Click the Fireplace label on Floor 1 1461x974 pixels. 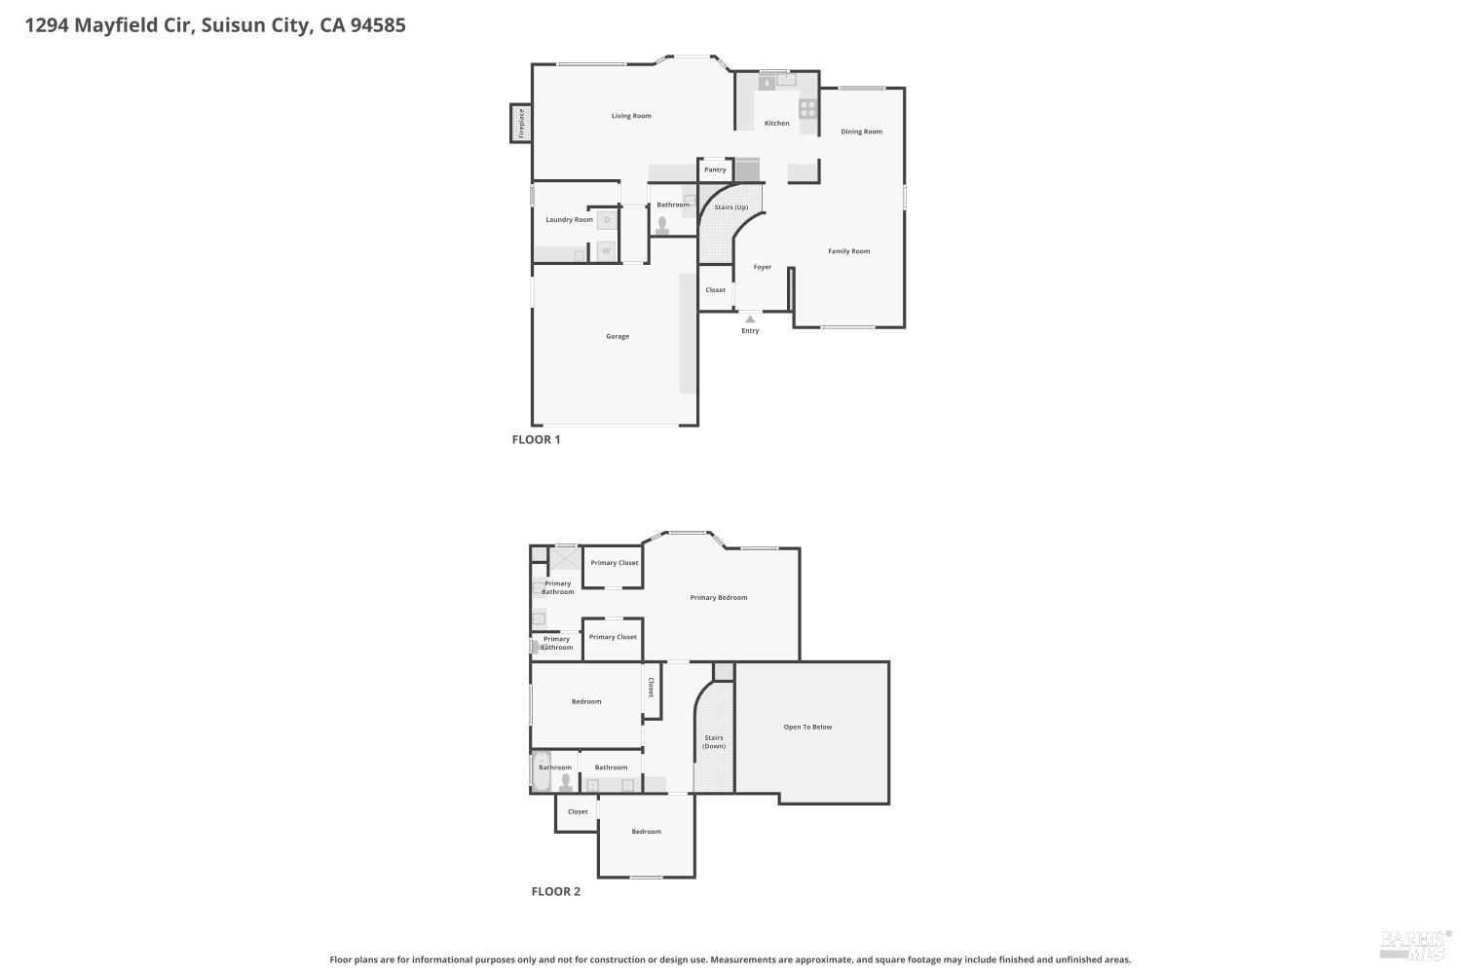(521, 124)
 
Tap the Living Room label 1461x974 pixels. (631, 116)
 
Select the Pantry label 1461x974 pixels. (715, 169)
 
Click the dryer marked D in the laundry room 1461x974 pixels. (607, 220)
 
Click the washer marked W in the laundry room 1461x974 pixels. (607, 250)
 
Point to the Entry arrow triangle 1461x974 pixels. (750, 319)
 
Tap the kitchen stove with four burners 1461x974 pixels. (807, 108)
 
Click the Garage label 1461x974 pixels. (617, 337)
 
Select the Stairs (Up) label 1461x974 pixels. (730, 206)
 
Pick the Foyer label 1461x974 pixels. (762, 267)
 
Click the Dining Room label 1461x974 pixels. (861, 131)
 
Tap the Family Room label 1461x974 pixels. (848, 251)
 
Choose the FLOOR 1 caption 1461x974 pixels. (536, 439)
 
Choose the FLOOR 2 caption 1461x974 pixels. (556, 892)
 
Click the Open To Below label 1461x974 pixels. (807, 727)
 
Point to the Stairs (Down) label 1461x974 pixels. (714, 742)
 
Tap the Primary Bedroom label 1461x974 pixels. (718, 598)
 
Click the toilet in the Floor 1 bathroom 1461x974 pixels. (662, 225)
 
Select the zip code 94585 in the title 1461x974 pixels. (378, 24)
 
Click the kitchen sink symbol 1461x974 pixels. (786, 80)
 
